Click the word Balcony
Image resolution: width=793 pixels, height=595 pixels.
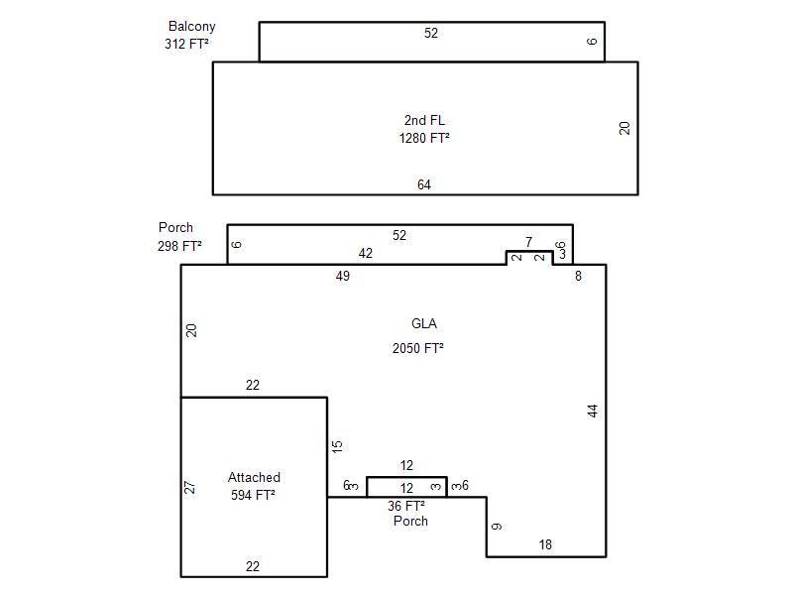pos(191,27)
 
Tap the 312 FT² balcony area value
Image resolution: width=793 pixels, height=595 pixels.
pos(186,44)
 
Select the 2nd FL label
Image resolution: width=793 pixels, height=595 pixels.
pos(424,120)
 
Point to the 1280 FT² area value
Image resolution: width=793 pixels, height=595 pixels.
pos(424,138)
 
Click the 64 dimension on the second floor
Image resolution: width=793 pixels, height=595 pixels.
pos(424,184)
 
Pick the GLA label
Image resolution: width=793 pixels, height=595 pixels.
pos(424,323)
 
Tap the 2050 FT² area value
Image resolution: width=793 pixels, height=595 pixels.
pos(417,348)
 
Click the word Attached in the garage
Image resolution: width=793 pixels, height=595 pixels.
pos(254,477)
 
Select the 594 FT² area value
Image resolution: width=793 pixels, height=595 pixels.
pos(253,495)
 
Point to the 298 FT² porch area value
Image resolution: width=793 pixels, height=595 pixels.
pos(179,246)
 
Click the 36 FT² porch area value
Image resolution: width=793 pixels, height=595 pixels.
pos(406,506)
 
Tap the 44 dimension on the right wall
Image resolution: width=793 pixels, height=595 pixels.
pos(593,411)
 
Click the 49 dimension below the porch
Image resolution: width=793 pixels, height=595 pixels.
pos(342,277)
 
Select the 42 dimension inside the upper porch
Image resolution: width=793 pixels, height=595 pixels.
pos(365,253)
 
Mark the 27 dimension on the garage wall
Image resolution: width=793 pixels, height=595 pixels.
pos(189,487)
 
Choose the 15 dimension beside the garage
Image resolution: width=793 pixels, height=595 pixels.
pos(337,446)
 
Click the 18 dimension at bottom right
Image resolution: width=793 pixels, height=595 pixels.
pos(544,544)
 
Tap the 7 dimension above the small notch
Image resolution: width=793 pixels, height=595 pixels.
pos(528,242)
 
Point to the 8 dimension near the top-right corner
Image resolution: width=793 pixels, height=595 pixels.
pos(578,277)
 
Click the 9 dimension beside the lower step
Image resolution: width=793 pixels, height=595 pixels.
pos(497,527)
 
